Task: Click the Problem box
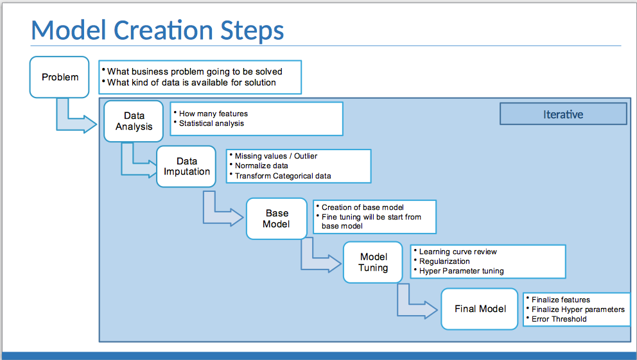pyautogui.click(x=60, y=77)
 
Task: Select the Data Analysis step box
pyautogui.click(x=134, y=121)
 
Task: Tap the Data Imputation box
pyautogui.click(x=186, y=167)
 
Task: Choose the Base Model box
pyautogui.click(x=277, y=219)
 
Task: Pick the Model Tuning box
pyautogui.click(x=373, y=262)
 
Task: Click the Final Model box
pyautogui.click(x=480, y=309)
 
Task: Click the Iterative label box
pyautogui.click(x=563, y=114)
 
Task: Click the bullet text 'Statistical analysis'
pyautogui.click(x=211, y=123)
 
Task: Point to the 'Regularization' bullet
pyautogui.click(x=444, y=261)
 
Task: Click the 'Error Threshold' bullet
pyautogui.click(x=559, y=319)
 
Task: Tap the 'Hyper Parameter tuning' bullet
pyautogui.click(x=461, y=271)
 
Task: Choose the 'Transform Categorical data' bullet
pyautogui.click(x=283, y=175)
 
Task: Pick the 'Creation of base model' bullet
pyautogui.click(x=362, y=207)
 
